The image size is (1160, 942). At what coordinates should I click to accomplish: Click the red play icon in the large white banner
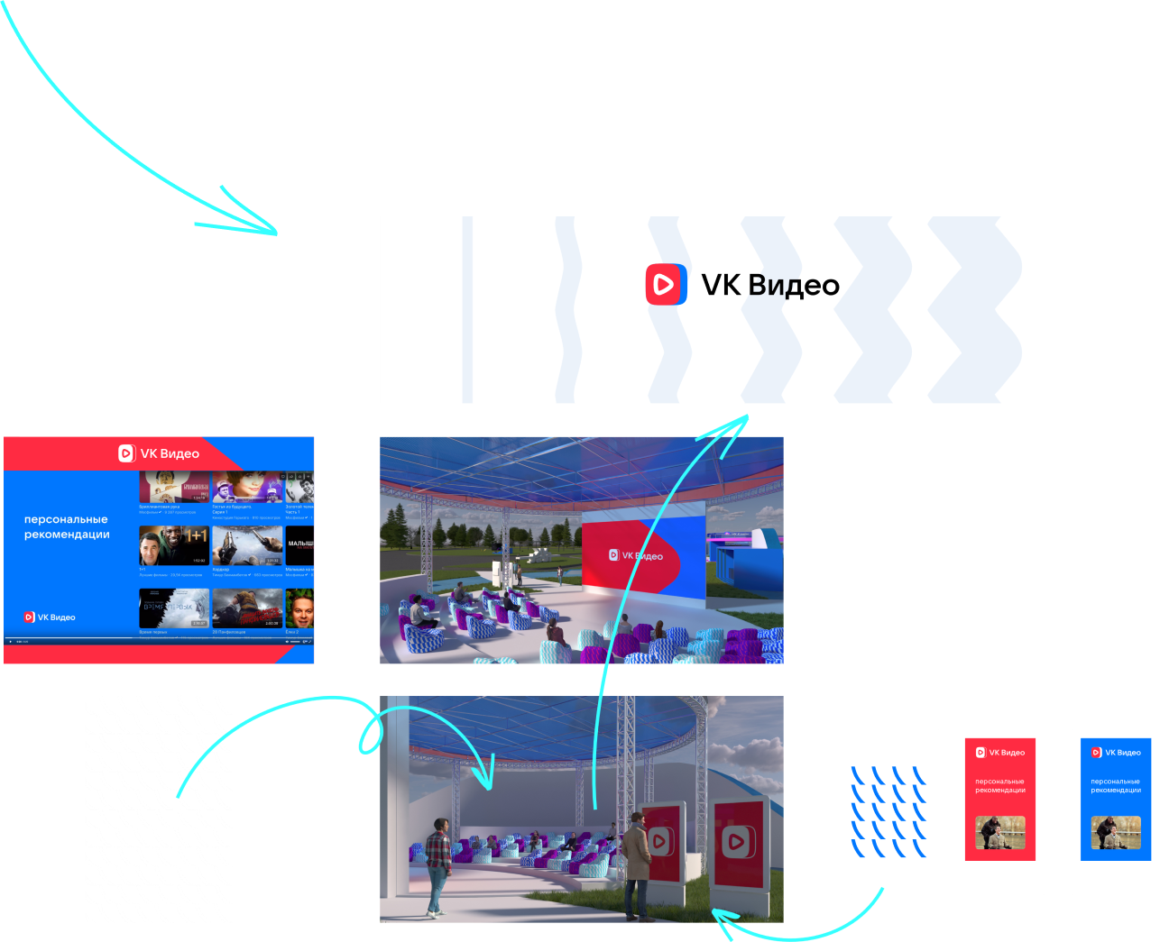click(666, 285)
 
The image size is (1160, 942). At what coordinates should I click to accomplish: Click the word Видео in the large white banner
click(794, 286)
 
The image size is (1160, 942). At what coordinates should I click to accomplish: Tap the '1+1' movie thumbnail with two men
click(174, 545)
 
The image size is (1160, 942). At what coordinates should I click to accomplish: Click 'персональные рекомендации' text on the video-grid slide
click(67, 526)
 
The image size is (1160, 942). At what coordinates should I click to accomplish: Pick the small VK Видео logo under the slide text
click(50, 617)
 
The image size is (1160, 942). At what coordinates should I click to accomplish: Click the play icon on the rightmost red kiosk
click(738, 842)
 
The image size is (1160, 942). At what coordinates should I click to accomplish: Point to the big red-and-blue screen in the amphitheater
click(642, 555)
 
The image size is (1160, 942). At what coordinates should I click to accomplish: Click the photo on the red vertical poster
click(1000, 833)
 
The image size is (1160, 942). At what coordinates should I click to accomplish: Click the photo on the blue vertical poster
click(1116, 833)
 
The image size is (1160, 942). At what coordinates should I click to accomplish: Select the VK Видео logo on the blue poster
click(1116, 753)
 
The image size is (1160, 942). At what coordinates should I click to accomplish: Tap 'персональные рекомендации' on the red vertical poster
click(1000, 786)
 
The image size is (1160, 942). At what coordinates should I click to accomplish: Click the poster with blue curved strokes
click(895, 811)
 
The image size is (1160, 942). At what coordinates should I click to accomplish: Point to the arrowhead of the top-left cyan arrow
click(271, 231)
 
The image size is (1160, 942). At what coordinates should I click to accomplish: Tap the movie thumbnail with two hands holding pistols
click(246, 545)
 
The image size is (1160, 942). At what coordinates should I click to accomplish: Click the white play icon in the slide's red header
click(126, 453)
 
